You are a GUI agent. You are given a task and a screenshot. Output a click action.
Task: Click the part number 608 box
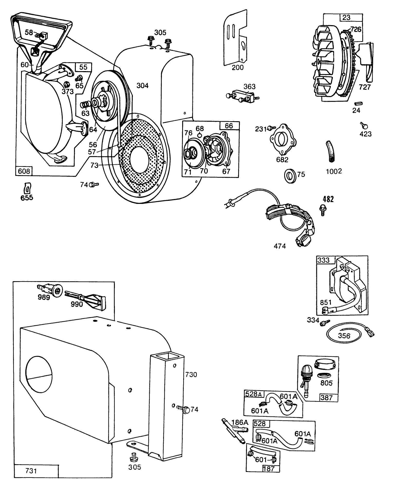[x=24, y=171]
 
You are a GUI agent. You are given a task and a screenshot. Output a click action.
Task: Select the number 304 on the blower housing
[x=142, y=86]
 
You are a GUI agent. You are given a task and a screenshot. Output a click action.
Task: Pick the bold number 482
[x=328, y=199]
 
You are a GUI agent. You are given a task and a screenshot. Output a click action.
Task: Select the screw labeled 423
[x=364, y=126]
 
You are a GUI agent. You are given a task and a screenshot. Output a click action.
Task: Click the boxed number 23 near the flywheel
[x=346, y=17]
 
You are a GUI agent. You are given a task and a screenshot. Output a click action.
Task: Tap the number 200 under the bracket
[x=237, y=68]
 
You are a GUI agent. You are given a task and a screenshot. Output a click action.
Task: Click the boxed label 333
[x=323, y=260]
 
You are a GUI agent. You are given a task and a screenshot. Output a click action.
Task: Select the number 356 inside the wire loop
[x=344, y=336]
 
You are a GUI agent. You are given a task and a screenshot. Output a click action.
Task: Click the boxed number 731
[x=31, y=471]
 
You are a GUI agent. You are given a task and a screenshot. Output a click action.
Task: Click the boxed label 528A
[x=253, y=394]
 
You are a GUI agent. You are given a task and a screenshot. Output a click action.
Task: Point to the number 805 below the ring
[x=326, y=383]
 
